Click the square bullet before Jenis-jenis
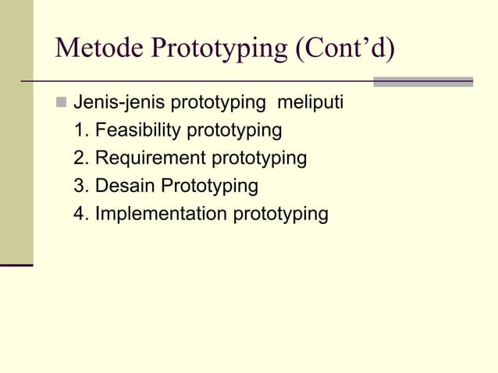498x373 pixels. pyautogui.click(x=61, y=102)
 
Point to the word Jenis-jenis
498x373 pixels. pyautogui.click(x=119, y=102)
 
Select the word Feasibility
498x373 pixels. pyautogui.click(x=137, y=130)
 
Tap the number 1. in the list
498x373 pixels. pyautogui.click(x=80, y=130)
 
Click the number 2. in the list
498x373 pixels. pyautogui.click(x=80, y=158)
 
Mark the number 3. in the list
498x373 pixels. pyautogui.click(x=80, y=186)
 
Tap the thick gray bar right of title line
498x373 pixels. pyautogui.click(x=423, y=81)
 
